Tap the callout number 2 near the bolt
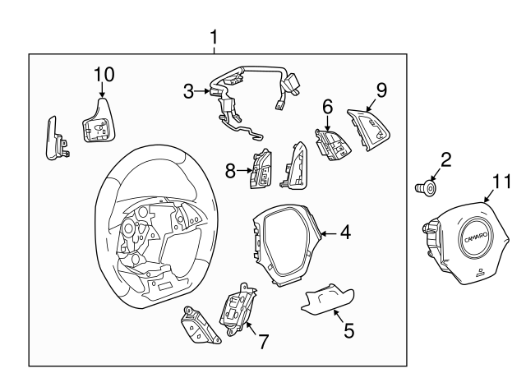445,160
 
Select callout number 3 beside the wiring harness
188,92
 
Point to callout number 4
345,233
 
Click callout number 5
348,331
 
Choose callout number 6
327,106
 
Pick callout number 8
231,171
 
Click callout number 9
381,89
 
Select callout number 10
103,74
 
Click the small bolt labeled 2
426,189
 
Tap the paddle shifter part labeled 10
98,122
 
